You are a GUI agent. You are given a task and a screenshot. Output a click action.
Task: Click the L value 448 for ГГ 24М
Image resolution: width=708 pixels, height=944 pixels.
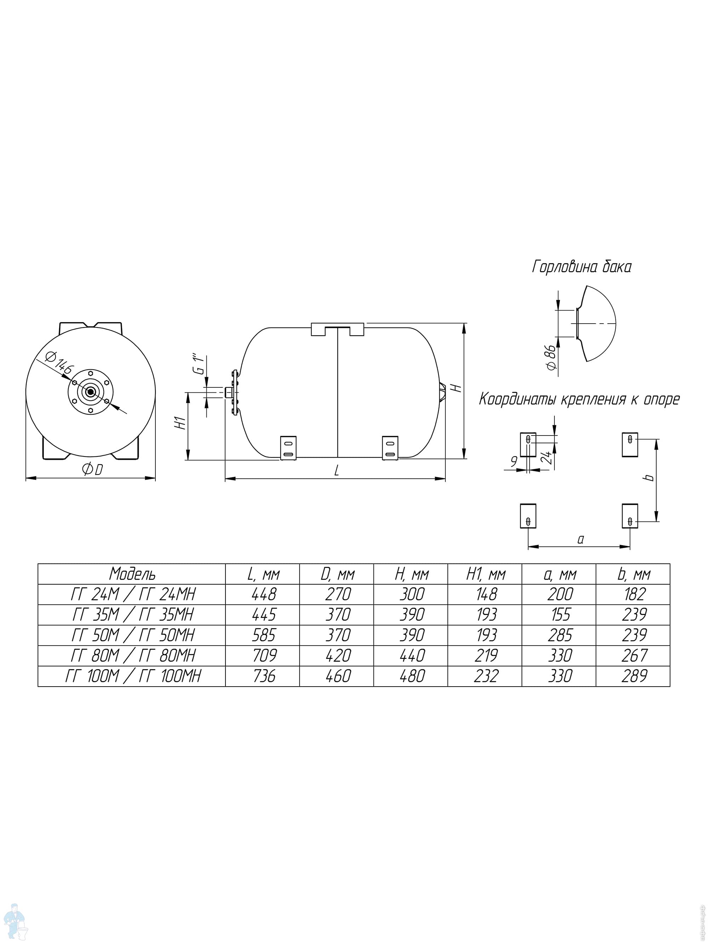(x=264, y=594)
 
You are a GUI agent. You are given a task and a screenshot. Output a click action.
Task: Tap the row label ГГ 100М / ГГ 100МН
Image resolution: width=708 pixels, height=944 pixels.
(x=133, y=676)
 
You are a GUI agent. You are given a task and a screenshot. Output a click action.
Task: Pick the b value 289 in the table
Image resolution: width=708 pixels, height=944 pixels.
(x=634, y=676)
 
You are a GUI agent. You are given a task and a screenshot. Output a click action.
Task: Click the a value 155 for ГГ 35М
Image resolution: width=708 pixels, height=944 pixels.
(x=560, y=615)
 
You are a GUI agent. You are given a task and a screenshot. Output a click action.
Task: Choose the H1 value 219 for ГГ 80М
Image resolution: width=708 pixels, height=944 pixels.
(x=486, y=655)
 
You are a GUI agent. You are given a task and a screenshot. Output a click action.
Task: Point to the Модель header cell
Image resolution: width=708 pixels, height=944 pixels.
(x=132, y=574)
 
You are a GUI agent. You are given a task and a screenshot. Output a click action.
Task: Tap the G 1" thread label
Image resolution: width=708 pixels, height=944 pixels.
(x=199, y=364)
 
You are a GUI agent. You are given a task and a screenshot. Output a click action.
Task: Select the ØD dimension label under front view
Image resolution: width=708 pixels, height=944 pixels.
(x=92, y=470)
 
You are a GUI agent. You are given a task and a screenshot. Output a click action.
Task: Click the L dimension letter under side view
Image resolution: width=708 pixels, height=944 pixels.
(x=337, y=470)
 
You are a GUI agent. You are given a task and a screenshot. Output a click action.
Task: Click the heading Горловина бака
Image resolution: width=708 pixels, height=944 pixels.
(x=582, y=267)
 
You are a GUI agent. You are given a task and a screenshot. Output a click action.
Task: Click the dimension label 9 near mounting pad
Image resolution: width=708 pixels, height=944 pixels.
(x=514, y=461)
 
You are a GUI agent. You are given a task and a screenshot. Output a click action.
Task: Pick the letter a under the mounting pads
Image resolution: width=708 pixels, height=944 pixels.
(x=581, y=539)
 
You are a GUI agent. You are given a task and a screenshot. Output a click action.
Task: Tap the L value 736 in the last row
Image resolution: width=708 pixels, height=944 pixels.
(x=264, y=676)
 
